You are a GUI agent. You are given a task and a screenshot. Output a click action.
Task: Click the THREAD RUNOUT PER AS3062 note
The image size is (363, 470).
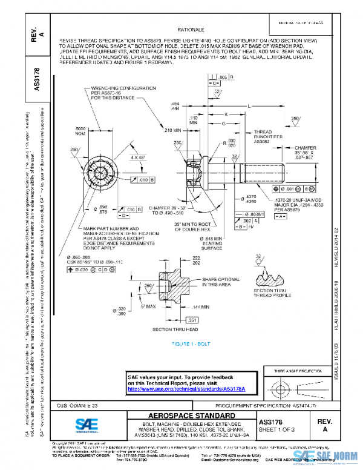[263, 137]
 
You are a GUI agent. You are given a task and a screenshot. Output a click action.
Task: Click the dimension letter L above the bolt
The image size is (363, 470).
[250, 105]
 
